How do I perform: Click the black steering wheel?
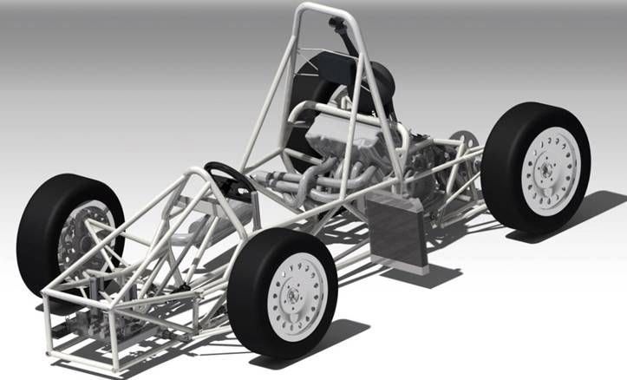click(226, 177)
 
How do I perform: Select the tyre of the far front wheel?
click(43, 217)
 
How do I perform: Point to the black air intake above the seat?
click(348, 35)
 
